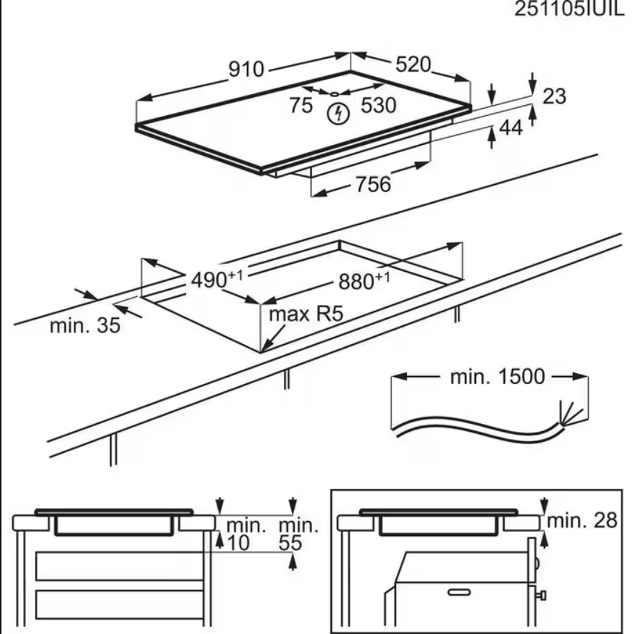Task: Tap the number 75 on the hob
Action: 301,106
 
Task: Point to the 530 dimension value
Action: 379,106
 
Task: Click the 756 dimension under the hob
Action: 372,184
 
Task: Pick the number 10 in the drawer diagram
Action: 236,542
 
